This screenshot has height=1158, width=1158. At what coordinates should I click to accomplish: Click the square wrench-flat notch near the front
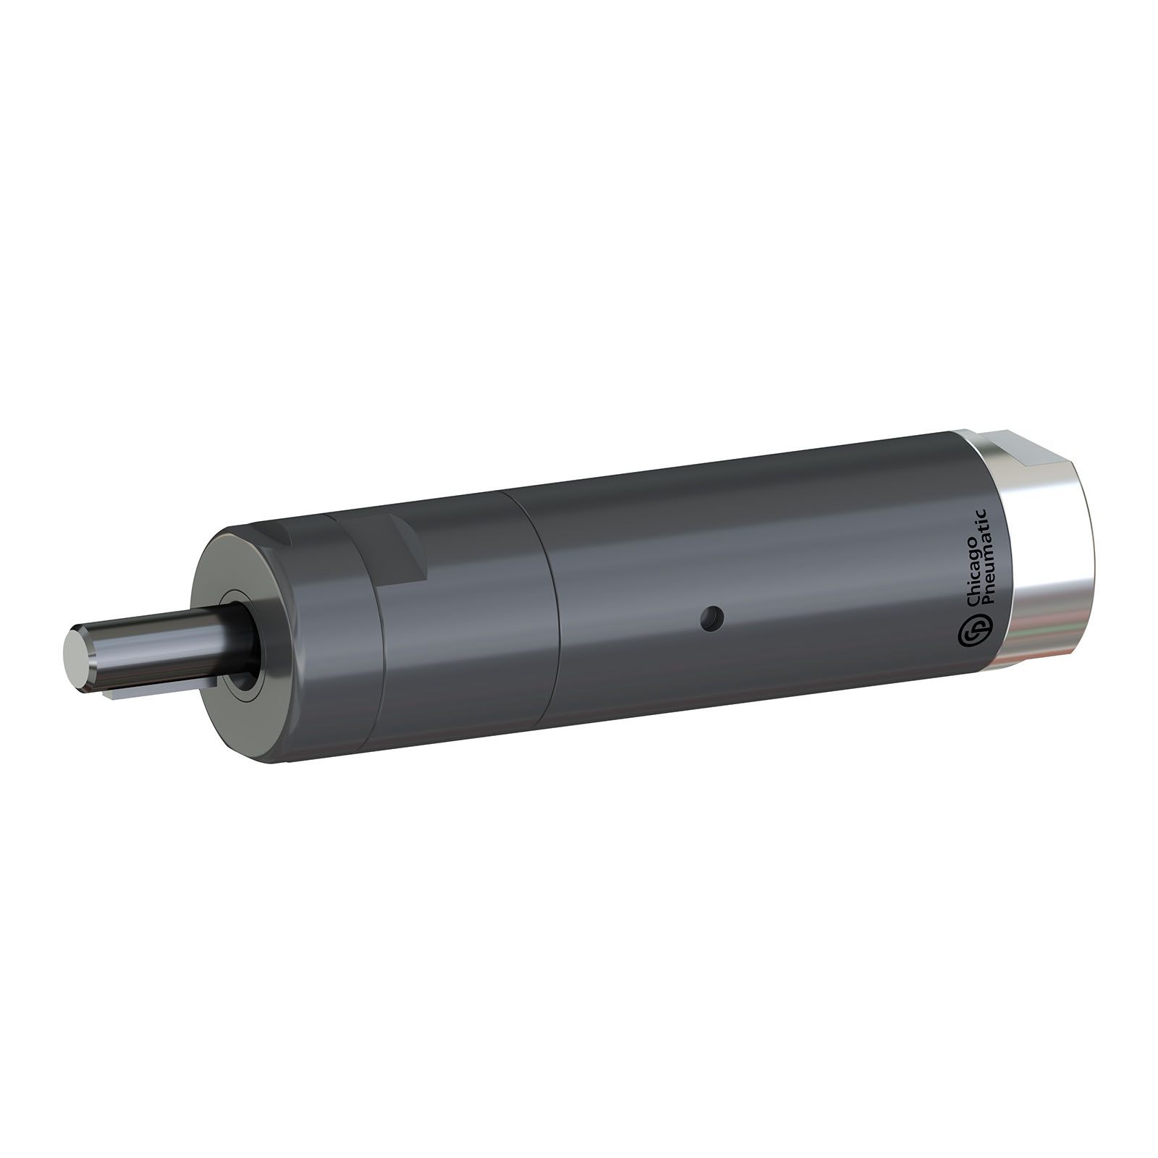402,550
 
